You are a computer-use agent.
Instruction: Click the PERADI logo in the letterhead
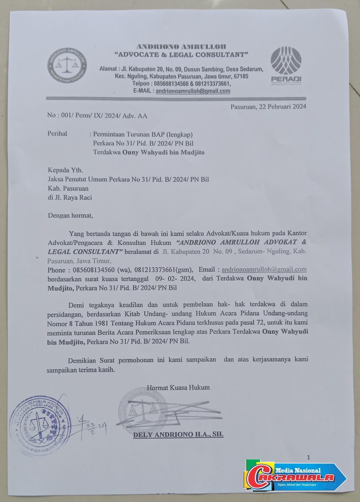tap(286, 65)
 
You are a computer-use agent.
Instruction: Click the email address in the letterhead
tap(193, 91)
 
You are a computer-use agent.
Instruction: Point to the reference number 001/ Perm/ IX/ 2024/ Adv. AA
tap(97, 116)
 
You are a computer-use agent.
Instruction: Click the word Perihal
tap(57, 134)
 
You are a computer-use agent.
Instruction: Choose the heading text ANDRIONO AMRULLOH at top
tap(181, 46)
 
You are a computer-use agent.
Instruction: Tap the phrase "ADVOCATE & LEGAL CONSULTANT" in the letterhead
tap(182, 54)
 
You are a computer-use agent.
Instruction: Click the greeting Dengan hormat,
tap(70, 215)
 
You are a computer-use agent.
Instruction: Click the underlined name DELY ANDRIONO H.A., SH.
tap(178, 434)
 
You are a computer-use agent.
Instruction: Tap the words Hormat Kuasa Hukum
tap(178, 387)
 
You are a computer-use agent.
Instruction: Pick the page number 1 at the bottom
tap(309, 457)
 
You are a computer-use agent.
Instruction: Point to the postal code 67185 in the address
tap(241, 76)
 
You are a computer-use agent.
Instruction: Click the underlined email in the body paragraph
tap(264, 269)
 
